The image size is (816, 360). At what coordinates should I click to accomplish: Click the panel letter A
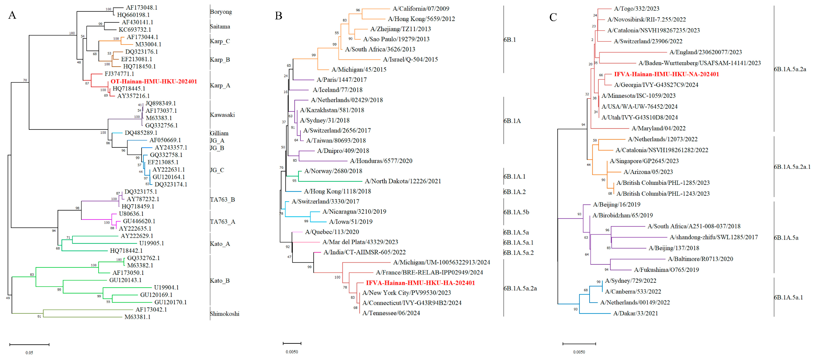coord(12,15)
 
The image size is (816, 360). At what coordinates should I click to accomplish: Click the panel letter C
coord(553,17)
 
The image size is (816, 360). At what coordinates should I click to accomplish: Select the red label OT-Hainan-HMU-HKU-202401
coord(154,81)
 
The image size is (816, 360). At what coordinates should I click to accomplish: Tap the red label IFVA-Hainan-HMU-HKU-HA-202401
coord(420,283)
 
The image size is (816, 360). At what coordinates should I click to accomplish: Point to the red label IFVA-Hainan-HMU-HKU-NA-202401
coord(666,74)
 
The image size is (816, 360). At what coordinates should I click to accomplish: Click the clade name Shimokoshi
coord(225,314)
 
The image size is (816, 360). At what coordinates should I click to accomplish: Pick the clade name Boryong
coord(221,12)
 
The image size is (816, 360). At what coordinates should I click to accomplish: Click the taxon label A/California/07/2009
coord(421,9)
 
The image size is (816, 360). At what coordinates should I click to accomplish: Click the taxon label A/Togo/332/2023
coord(636,9)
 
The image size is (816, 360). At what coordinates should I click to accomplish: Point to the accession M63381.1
coord(137,317)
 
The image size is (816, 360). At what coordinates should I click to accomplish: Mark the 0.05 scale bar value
coord(29,352)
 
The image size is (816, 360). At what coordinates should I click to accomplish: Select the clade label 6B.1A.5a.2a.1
coord(792,167)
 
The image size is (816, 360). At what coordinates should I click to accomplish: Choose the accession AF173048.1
coord(142,7)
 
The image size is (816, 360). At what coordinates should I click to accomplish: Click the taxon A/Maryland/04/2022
coord(658,128)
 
